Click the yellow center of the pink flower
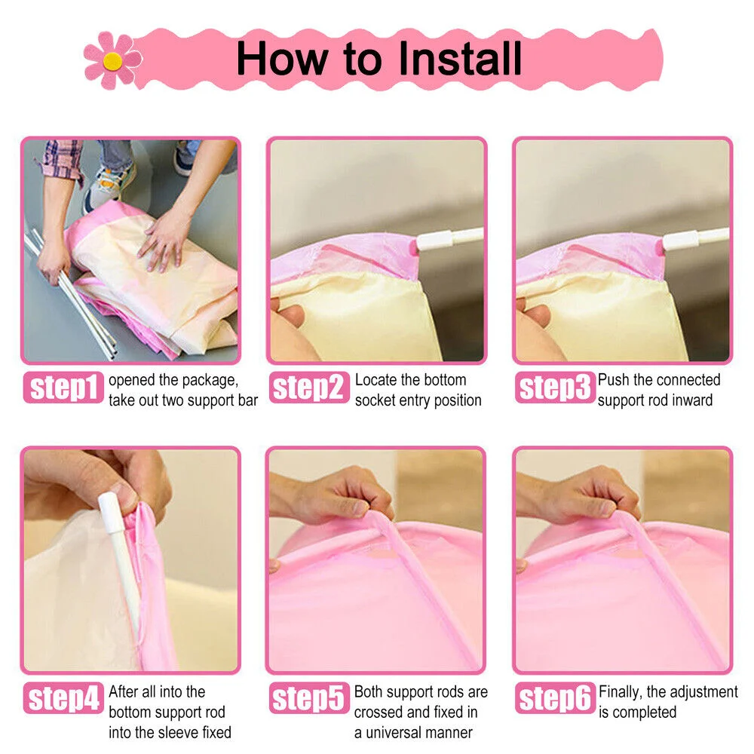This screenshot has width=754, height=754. coord(112,60)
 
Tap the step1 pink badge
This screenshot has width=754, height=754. coord(63,388)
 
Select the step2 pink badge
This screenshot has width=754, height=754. coord(309,388)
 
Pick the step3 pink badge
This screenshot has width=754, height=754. coord(555,388)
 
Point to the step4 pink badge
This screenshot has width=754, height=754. coord(63,698)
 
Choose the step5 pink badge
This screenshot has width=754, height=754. coord(309,698)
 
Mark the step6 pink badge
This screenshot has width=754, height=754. coord(555,698)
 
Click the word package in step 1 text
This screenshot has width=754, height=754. coord(210,381)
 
